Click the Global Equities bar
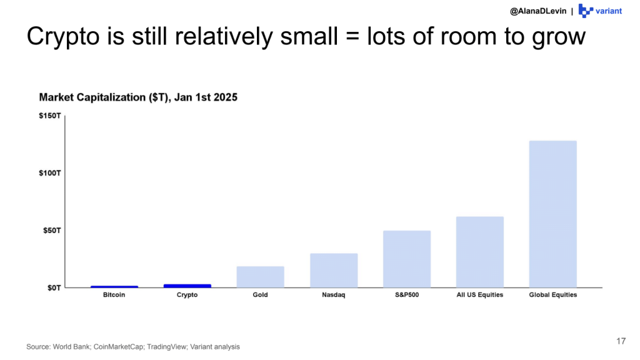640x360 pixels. coord(552,214)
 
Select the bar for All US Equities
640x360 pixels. coord(479,252)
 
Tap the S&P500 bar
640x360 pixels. coord(406,259)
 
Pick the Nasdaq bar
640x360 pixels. coord(334,270)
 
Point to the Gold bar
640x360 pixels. coord(260,277)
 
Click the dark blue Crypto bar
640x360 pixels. coord(187,286)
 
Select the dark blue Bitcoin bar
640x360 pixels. coord(114,287)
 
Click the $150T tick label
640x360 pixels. coord(50,116)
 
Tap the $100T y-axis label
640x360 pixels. coord(50,172)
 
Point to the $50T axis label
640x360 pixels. coord(52,230)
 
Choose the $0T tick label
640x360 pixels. coord(54,287)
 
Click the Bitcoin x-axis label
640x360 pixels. coord(114,295)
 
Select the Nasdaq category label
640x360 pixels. coord(334,295)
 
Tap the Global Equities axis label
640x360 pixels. coord(552,295)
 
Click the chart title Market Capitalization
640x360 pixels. coord(138,97)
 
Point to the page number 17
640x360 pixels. coord(621,341)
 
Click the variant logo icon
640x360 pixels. coord(586,11)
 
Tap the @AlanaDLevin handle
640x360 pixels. coord(537,11)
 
